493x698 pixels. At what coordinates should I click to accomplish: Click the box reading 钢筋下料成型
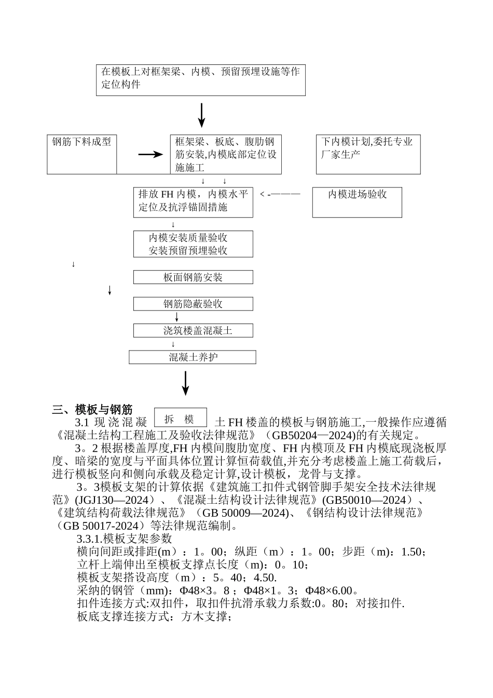(x=82, y=154)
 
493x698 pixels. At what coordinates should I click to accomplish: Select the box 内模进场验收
(x=357, y=202)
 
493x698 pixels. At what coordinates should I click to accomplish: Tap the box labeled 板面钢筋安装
(x=193, y=277)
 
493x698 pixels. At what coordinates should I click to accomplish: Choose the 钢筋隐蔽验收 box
(x=193, y=304)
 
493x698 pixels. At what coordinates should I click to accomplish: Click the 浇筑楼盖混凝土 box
(x=193, y=330)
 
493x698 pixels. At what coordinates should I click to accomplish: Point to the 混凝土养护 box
(x=193, y=357)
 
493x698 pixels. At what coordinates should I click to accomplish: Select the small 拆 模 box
(x=181, y=419)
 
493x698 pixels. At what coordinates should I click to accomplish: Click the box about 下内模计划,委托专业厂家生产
(x=368, y=154)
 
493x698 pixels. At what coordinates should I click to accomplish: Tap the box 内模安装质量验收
(x=193, y=244)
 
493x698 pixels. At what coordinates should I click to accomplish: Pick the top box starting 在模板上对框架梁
(x=200, y=80)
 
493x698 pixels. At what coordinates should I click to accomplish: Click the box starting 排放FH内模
(x=193, y=202)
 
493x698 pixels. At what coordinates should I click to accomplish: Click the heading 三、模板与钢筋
(x=92, y=409)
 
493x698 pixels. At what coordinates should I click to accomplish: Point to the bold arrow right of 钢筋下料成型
(x=150, y=154)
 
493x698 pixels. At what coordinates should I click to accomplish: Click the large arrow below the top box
(x=201, y=115)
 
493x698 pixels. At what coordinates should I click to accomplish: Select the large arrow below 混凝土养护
(x=185, y=383)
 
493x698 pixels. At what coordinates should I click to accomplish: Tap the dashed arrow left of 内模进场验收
(x=280, y=194)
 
